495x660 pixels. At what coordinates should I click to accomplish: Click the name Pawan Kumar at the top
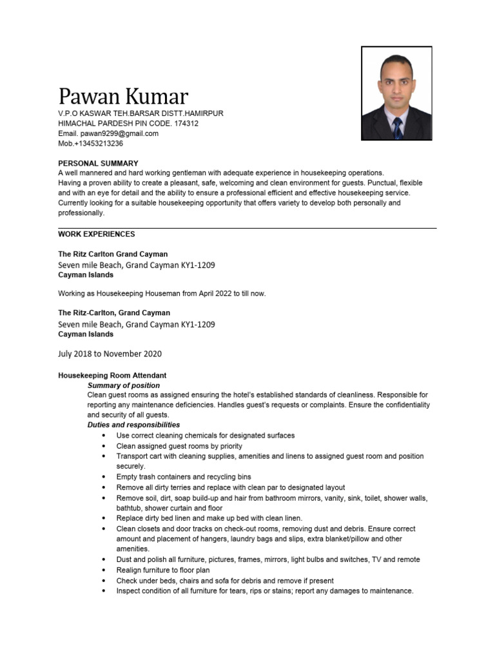(123, 96)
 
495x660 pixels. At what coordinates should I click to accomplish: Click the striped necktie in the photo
(398, 128)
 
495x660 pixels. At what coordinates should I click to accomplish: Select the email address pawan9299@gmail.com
(119, 133)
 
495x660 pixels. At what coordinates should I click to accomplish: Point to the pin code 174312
(187, 123)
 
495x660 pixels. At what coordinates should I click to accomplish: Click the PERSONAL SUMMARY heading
(98, 164)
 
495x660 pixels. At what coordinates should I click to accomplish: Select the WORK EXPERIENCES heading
(97, 234)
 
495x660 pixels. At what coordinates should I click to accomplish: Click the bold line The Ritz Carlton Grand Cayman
(113, 255)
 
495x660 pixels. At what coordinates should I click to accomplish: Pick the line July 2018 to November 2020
(110, 354)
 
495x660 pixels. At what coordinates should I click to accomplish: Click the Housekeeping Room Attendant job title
(112, 375)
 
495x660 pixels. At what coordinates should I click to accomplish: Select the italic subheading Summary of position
(124, 385)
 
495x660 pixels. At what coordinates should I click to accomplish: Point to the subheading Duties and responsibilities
(133, 425)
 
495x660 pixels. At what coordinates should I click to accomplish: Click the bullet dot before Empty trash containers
(104, 477)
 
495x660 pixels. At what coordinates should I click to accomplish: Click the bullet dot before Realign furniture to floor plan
(104, 570)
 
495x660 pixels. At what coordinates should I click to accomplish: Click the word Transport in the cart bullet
(133, 456)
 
